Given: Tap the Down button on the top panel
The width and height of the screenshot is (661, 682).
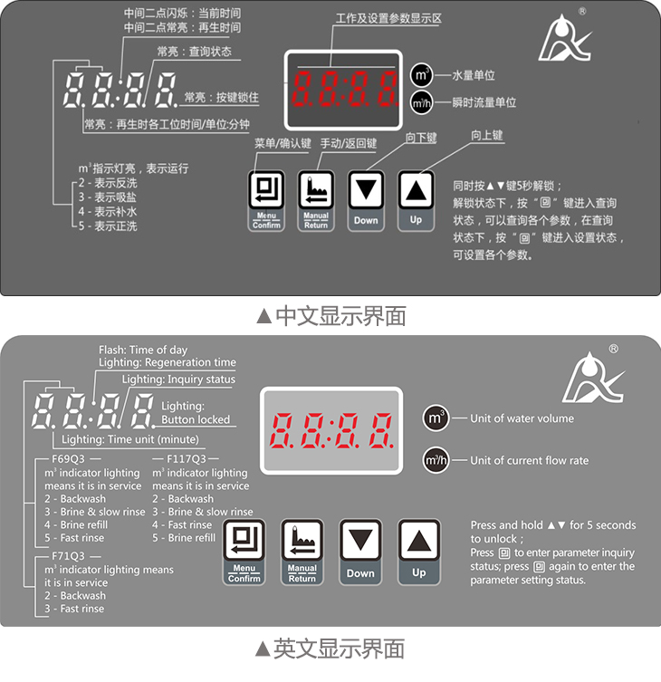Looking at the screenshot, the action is tap(366, 200).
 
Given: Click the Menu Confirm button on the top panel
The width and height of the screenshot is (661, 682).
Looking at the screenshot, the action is tap(266, 200).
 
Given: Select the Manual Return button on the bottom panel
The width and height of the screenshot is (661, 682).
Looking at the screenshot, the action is tap(302, 552).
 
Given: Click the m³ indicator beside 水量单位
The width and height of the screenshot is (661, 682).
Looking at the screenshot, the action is tap(421, 75).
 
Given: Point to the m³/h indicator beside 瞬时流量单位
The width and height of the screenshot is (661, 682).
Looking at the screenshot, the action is tap(421, 103).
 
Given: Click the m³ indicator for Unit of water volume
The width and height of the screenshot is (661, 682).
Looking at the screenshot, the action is tap(436, 418).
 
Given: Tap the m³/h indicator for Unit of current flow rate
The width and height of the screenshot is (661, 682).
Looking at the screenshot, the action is tap(436, 460).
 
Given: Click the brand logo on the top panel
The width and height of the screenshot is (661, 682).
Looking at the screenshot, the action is tap(564, 38).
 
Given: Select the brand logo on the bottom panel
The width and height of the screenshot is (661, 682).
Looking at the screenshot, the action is tap(593, 378).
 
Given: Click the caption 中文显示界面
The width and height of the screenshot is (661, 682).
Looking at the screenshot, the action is tap(331, 316).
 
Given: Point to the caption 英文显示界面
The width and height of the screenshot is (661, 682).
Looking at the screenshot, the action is tap(330, 648).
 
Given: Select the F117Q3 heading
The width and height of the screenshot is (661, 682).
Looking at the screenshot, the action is tap(187, 459).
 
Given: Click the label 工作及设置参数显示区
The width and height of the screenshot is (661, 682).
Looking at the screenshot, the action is tap(388, 18).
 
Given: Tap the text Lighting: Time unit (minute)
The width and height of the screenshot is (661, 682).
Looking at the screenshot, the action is tap(130, 439).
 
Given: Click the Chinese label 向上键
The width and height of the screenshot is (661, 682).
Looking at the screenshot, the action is tap(487, 136).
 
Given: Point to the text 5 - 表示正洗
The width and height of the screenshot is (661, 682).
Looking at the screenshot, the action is tap(108, 226).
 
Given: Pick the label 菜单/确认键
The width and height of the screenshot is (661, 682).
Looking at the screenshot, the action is tap(283, 143).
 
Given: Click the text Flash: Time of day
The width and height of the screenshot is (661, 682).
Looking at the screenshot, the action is tap(143, 351).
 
